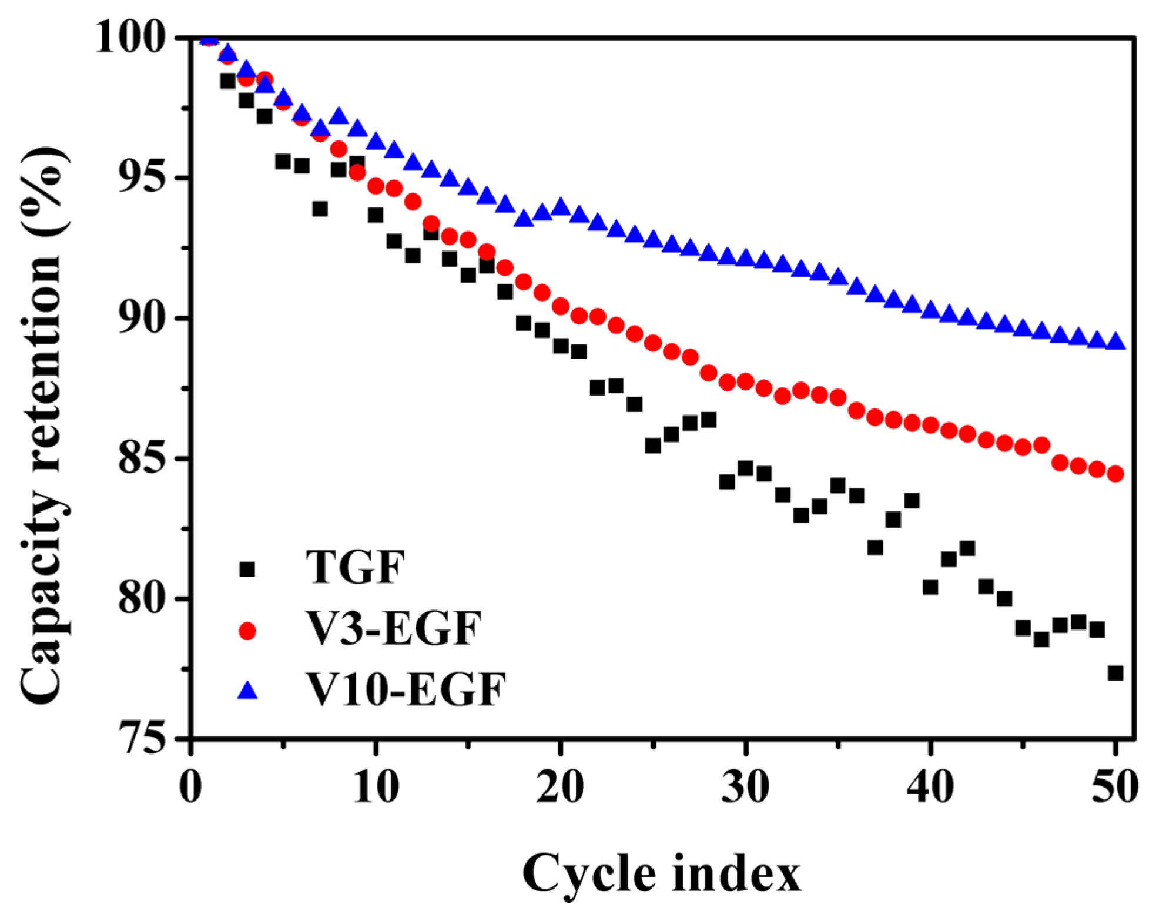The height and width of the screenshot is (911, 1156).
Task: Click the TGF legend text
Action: point(356,568)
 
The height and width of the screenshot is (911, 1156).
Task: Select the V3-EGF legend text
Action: point(394,629)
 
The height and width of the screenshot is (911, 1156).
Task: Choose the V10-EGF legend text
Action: point(406,689)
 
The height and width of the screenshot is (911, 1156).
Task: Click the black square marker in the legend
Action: point(247,569)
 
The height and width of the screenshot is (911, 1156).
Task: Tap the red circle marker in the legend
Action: point(247,631)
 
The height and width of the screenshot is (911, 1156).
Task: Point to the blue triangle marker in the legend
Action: point(247,691)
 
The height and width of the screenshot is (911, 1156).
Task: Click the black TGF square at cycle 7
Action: point(320,209)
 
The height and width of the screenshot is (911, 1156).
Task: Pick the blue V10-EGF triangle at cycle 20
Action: point(561,207)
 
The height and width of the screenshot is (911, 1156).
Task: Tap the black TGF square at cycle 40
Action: point(930,587)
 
